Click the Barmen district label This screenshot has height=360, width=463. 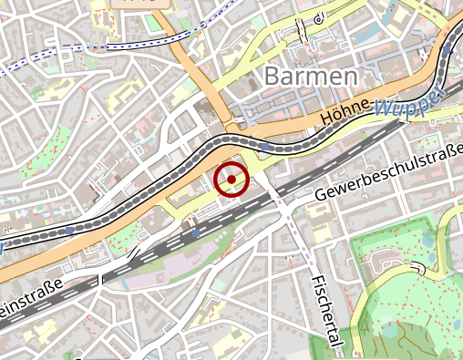(x=311, y=76)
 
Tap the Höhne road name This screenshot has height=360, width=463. (x=346, y=113)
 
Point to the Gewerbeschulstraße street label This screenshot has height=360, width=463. (x=389, y=171)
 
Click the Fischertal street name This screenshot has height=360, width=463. (x=324, y=310)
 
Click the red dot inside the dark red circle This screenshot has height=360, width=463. (x=231, y=180)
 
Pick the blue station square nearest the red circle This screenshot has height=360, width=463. (x=264, y=145)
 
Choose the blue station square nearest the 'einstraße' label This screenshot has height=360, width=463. (x=70, y=231)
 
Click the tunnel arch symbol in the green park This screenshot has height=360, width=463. (x=419, y=268)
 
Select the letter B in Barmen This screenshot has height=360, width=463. (x=273, y=77)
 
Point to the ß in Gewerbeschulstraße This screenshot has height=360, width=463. (x=447, y=152)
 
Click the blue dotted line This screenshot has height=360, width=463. (x=55, y=57)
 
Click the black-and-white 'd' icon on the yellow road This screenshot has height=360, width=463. (x=317, y=19)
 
